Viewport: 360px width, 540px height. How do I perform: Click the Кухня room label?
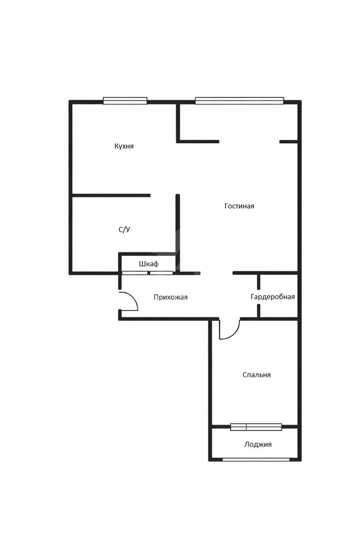coord(124,146)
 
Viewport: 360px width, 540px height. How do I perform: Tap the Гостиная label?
coord(239,206)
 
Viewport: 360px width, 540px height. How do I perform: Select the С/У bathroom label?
coord(124,229)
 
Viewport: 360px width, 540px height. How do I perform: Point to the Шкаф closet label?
coord(149,264)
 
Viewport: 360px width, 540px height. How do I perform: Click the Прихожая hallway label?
coord(171,297)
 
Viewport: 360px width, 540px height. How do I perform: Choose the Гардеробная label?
coord(273,297)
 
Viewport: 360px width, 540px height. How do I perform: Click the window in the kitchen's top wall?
coord(125,101)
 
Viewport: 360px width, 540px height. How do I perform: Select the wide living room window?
coord(239,101)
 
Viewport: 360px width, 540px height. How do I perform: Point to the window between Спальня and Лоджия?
coord(256,427)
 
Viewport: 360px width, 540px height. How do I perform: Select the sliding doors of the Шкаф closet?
coord(147,273)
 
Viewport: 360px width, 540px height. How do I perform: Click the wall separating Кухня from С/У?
coord(111,195)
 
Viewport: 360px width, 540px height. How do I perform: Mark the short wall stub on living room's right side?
coord(288,142)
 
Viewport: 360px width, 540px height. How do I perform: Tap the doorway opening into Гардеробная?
coord(258,297)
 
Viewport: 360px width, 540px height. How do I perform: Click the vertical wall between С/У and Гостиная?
coord(178,234)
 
